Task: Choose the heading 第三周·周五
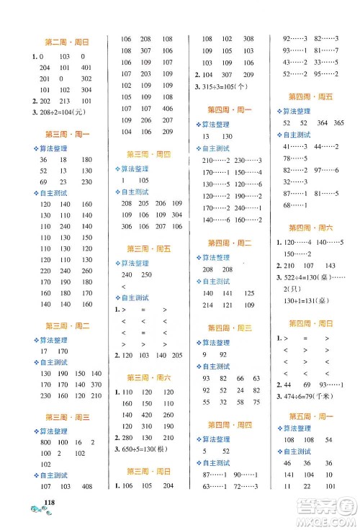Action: pos(148,248)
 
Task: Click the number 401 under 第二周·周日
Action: pos(86,67)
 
